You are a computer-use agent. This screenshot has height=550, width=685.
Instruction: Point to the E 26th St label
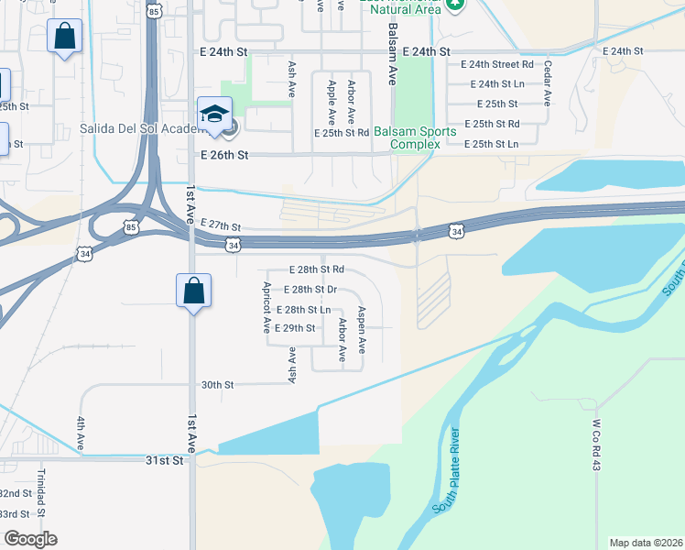[224, 156]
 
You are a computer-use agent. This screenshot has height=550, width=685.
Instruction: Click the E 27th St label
[219, 225]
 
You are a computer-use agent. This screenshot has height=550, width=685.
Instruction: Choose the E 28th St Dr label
[310, 290]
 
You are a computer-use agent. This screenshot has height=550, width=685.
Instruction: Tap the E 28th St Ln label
[303, 310]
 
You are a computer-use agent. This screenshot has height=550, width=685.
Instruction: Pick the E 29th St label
[295, 328]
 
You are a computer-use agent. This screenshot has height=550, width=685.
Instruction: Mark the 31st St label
[166, 460]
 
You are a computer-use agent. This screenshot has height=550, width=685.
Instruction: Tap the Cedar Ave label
[547, 83]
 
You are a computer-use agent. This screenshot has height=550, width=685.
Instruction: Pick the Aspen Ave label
[363, 330]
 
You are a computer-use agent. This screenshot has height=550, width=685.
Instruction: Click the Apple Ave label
[332, 102]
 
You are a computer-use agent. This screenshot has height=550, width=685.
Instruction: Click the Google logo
[30, 539]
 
